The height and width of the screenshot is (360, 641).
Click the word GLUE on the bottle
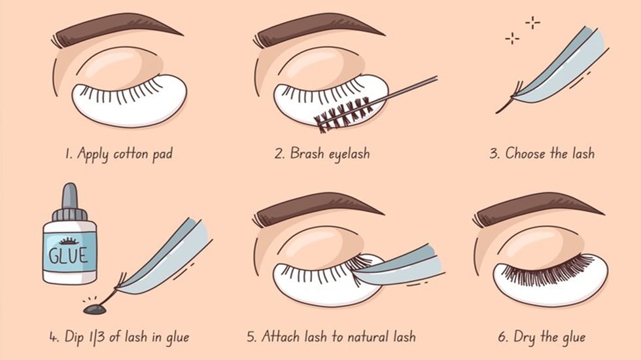tap(68, 253)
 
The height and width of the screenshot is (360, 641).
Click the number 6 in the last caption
tap(502, 337)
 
